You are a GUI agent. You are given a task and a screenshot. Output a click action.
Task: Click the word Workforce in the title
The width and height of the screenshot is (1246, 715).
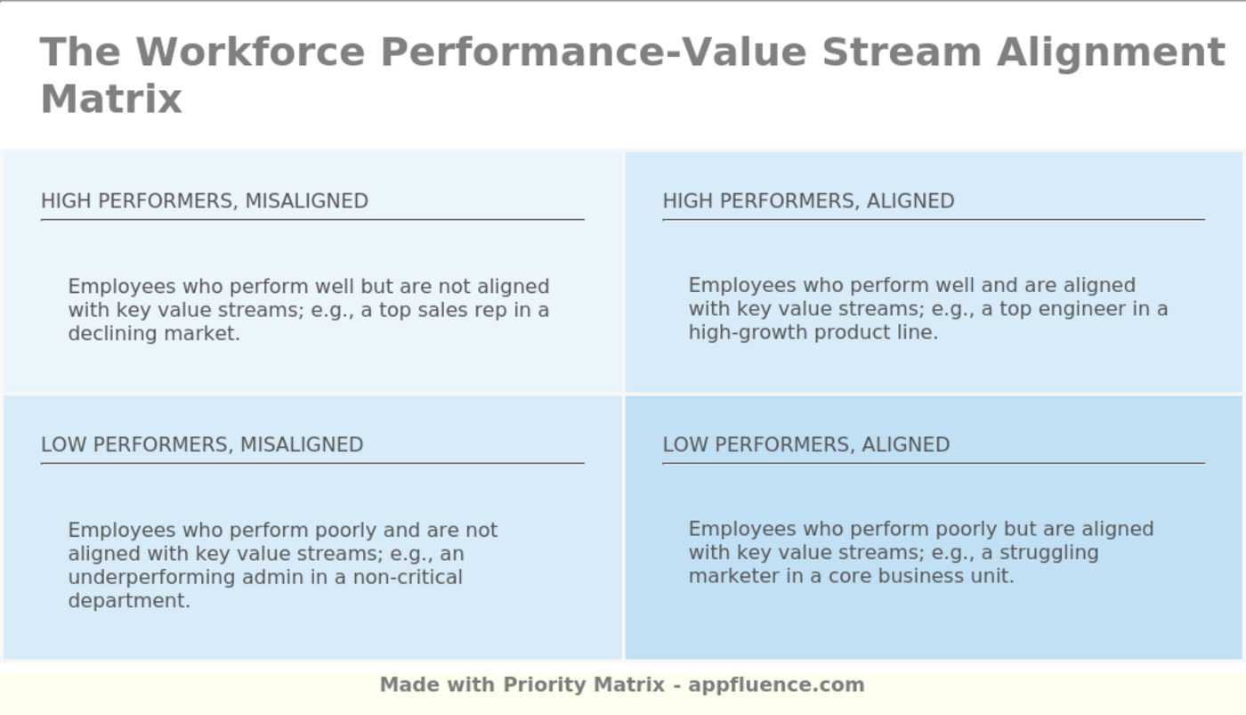(x=250, y=52)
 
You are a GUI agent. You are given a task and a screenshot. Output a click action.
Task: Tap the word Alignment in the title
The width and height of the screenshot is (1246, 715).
(x=1111, y=52)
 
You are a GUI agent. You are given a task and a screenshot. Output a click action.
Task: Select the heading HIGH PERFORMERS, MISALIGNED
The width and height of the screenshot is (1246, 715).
(x=205, y=201)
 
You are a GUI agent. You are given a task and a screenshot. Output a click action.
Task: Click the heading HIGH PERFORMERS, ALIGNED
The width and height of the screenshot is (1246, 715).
(x=808, y=201)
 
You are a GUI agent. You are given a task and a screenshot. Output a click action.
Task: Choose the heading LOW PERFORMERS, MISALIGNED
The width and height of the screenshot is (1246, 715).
(x=202, y=444)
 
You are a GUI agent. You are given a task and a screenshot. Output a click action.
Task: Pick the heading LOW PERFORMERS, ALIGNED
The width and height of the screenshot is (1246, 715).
(x=805, y=444)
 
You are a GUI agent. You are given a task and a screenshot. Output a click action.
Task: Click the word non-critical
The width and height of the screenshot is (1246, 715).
(x=408, y=577)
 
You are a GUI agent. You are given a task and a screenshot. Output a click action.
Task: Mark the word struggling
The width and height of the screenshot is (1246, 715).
(x=1054, y=552)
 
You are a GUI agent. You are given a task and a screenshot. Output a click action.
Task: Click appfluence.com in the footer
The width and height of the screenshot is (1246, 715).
(x=776, y=685)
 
